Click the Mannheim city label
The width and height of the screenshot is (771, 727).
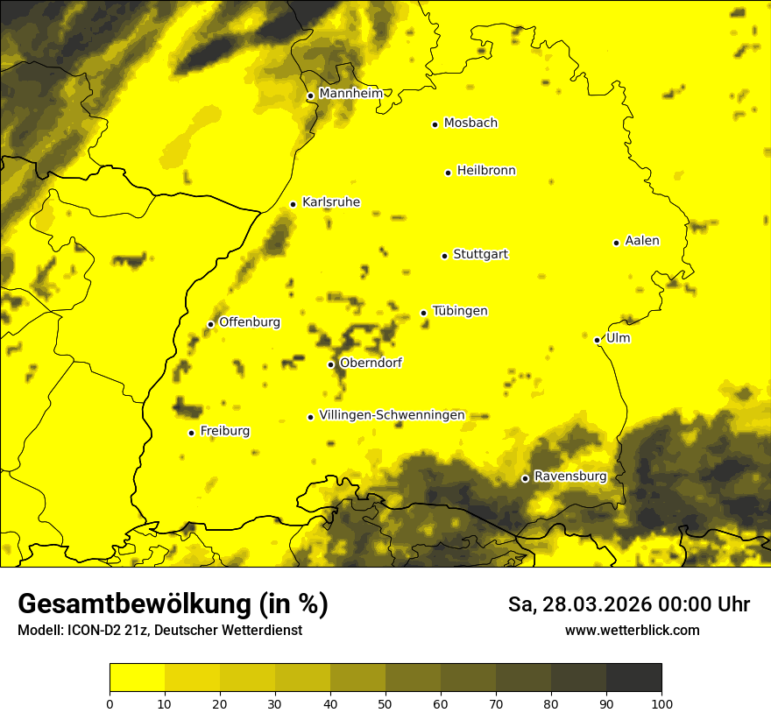pyautogui.click(x=351, y=94)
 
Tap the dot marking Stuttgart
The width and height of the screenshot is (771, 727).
pyautogui.click(x=444, y=256)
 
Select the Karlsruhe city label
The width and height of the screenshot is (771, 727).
pyautogui.click(x=330, y=202)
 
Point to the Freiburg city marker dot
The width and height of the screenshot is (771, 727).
pyautogui.click(x=191, y=433)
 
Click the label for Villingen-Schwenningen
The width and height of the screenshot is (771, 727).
pyautogui.click(x=392, y=415)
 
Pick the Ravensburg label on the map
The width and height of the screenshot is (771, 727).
pyautogui.click(x=570, y=476)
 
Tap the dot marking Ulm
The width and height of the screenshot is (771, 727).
pyautogui.click(x=597, y=340)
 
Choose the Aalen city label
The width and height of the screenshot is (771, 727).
pyautogui.click(x=642, y=241)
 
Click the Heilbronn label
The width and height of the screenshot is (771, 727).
pyautogui.click(x=486, y=171)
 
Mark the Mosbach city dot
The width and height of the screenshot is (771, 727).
pyautogui.click(x=435, y=124)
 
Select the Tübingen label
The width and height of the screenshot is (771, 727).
pyautogui.click(x=460, y=311)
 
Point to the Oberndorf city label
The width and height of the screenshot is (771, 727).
pyautogui.click(x=371, y=363)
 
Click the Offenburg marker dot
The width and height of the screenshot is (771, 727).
pyautogui.click(x=210, y=324)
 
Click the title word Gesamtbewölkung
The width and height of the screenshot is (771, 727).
pyautogui.click(x=136, y=603)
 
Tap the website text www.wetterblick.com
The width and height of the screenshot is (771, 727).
pyautogui.click(x=633, y=630)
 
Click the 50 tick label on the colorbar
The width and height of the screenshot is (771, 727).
pyautogui.click(x=385, y=702)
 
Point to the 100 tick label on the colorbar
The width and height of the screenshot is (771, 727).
pyautogui.click(x=661, y=702)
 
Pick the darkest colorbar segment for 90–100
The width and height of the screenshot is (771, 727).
pyautogui.click(x=633, y=678)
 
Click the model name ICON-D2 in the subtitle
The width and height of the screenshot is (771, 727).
pyautogui.click(x=92, y=631)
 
